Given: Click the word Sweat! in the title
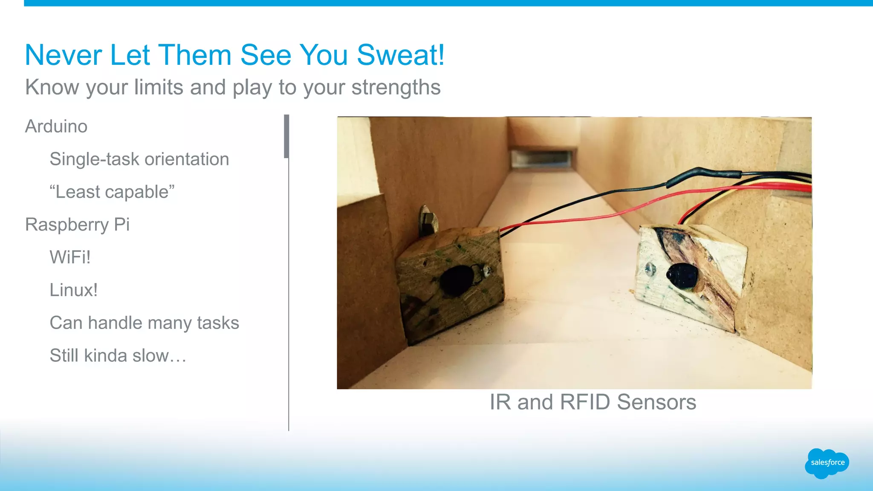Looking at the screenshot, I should pos(400,55).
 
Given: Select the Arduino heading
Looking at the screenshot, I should pos(56,127).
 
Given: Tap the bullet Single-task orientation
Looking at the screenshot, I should pos(139,159).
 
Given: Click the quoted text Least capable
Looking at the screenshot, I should pos(112,192).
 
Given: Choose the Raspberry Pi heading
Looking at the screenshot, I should pos(77,225).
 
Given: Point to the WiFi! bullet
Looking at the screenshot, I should pos(70,257).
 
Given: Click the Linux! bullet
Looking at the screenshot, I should pos(73,290).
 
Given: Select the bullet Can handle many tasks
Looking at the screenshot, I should pos(144,323).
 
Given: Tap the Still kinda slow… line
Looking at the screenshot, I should pos(118,356).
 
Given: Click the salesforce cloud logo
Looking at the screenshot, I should pos(827,463).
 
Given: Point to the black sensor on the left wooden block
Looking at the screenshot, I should pos(456,280).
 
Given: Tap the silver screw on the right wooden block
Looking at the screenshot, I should pos(650,269).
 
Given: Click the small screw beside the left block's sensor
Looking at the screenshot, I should pos(486,269).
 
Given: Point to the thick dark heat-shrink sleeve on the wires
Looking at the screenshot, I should pos(703,175).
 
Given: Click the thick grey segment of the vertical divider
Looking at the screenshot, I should pos(286,136).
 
